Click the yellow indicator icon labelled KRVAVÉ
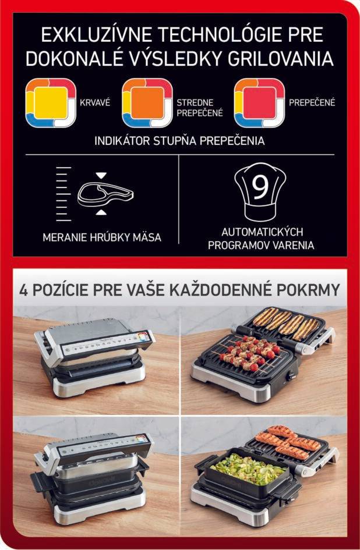(x=51, y=103)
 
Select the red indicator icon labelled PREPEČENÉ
(x=259, y=103)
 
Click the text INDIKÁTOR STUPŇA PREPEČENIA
(x=179, y=141)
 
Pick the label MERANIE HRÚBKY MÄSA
(x=102, y=237)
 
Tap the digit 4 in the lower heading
(x=24, y=289)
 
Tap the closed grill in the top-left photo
(x=93, y=358)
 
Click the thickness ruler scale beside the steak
(x=63, y=194)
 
